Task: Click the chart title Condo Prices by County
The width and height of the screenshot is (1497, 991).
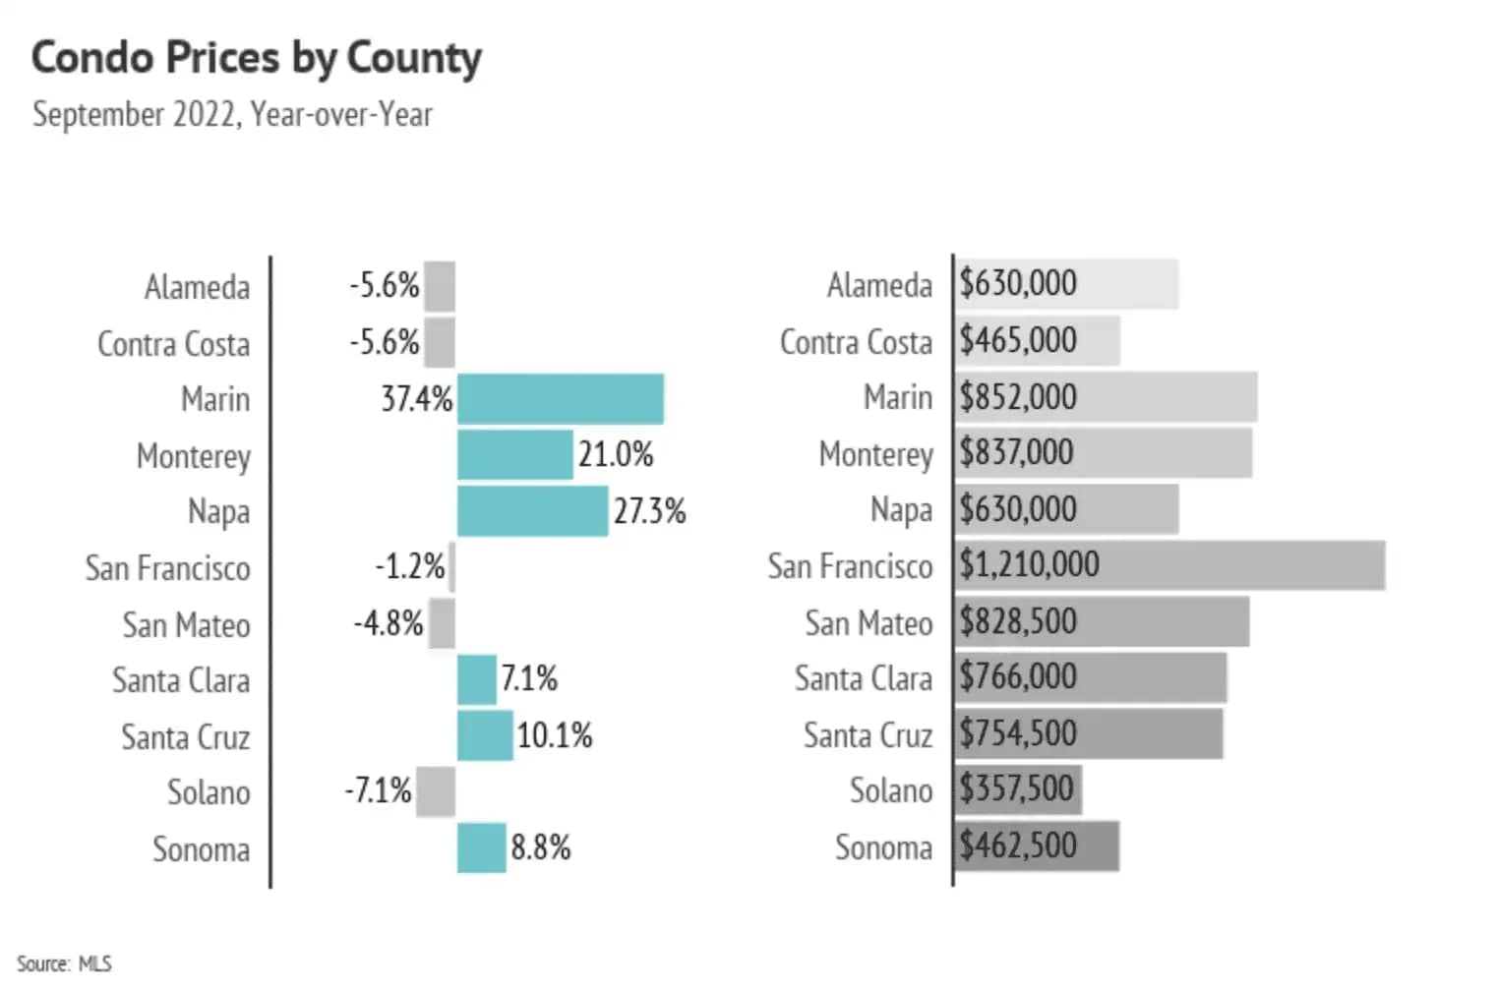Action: coord(257,58)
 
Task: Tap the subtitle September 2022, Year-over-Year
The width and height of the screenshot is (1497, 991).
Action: coord(232,114)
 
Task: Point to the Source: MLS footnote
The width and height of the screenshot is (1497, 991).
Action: coord(64,963)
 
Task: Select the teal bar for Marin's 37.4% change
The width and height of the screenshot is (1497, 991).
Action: coord(560,399)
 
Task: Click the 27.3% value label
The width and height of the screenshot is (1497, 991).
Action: coord(649,511)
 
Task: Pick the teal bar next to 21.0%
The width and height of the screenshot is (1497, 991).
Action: coord(514,455)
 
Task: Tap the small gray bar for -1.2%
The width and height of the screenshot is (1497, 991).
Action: coord(451,567)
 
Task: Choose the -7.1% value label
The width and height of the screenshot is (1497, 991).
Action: coord(378,790)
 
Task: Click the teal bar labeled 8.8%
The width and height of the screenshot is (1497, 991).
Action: coord(481,847)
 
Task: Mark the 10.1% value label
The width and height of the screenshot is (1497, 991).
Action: coord(555,735)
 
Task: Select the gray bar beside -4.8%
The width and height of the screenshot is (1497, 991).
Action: coord(442,623)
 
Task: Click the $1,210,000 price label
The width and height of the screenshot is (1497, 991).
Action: coord(1029,564)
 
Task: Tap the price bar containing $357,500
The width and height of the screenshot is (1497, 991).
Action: coord(1018,789)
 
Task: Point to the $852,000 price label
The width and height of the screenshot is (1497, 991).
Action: coord(1018,397)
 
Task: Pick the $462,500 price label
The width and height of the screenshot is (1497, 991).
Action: coord(1018,845)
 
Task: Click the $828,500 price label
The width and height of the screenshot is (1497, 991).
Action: coord(1018,621)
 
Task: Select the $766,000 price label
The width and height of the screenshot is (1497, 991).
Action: coord(1018,677)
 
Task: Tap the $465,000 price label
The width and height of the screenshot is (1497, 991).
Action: coord(1018,340)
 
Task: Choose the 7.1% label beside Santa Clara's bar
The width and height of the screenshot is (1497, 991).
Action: coord(529,678)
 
